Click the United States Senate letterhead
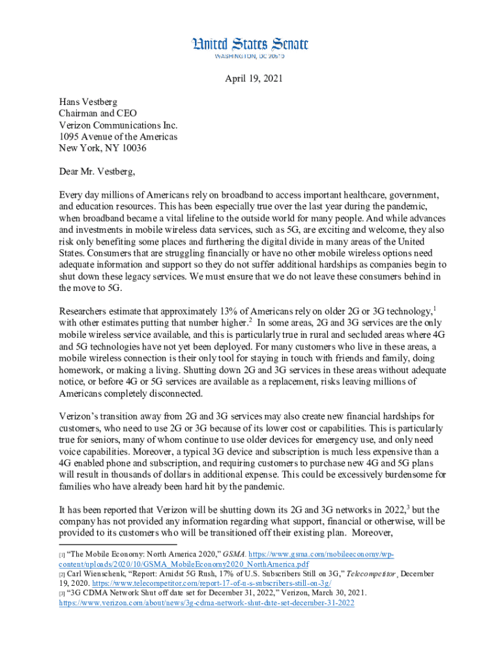pyautogui.click(x=249, y=44)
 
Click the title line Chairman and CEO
pyautogui.click(x=98, y=113)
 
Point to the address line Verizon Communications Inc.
pyautogui.click(x=118, y=125)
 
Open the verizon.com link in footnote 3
pyautogui.click(x=206, y=603)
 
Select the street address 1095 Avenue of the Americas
pyautogui.click(x=118, y=136)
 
